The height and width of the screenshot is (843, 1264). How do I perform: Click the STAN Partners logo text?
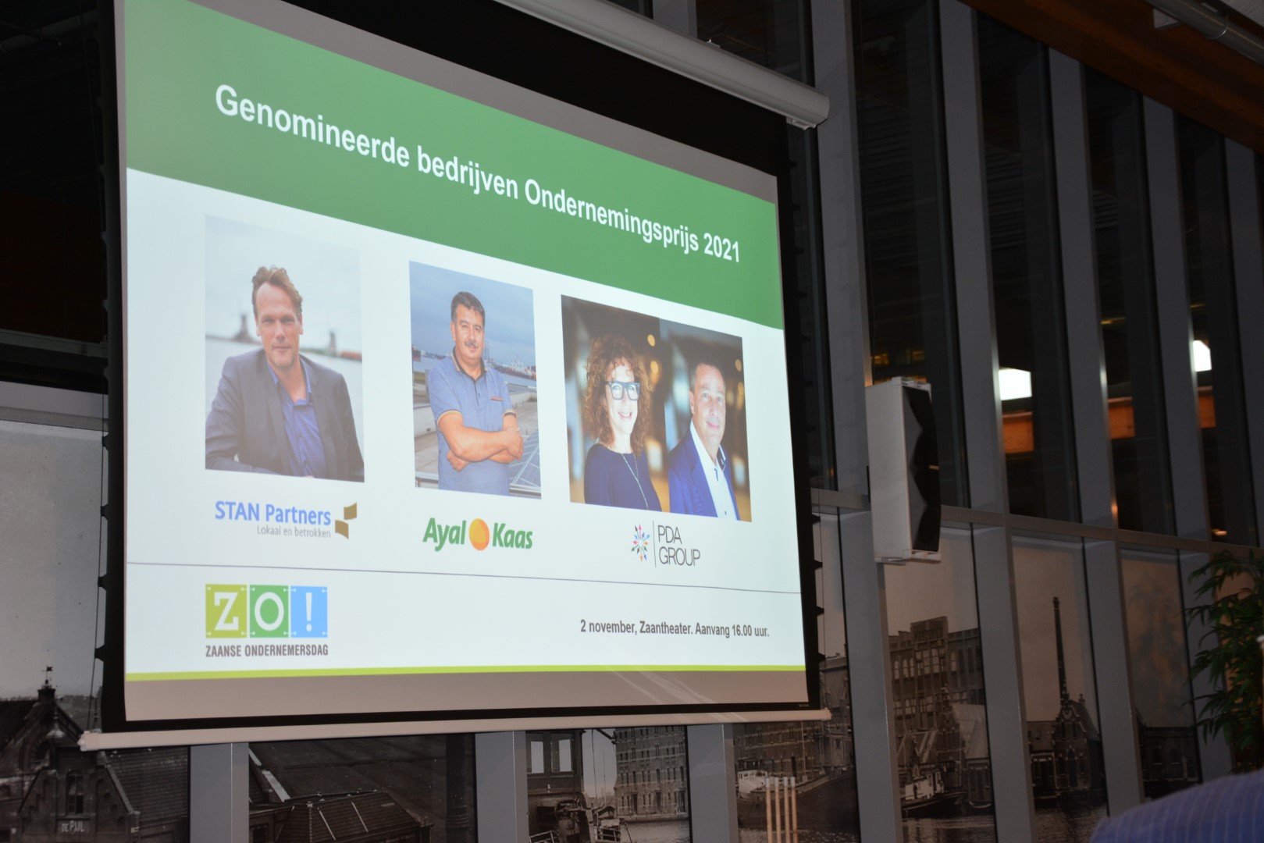(272, 513)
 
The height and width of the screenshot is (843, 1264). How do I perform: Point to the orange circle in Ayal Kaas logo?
(479, 535)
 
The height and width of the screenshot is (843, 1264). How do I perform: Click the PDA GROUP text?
(678, 546)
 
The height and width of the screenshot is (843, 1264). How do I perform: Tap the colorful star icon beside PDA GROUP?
(640, 542)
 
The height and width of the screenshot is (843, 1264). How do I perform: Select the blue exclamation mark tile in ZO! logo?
(308, 612)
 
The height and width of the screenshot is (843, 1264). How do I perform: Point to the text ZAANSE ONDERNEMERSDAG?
(266, 650)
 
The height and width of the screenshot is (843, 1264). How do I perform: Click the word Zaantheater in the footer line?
(665, 628)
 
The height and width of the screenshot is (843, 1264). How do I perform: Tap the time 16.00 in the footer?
(742, 631)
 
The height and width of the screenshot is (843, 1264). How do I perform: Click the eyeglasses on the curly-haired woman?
(622, 389)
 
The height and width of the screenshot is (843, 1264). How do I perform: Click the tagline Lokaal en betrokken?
(294, 532)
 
